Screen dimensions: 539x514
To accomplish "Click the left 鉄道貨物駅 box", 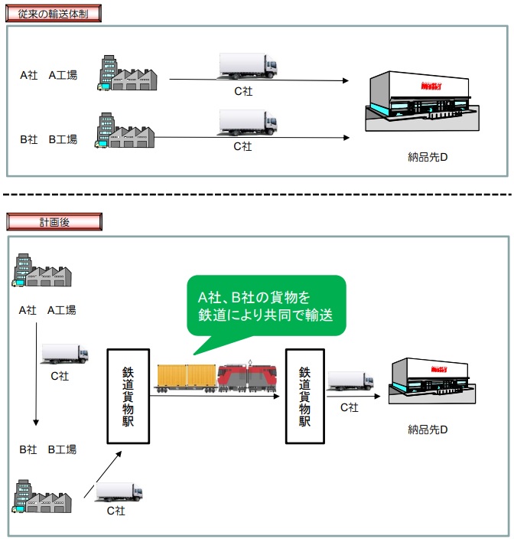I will (128, 396).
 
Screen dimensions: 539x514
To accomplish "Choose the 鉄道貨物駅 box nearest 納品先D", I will (304, 396).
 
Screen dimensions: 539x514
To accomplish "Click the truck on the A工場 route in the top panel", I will (247, 67).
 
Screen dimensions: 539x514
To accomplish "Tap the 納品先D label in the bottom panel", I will (427, 430).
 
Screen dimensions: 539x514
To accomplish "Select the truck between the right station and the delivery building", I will (350, 381).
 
